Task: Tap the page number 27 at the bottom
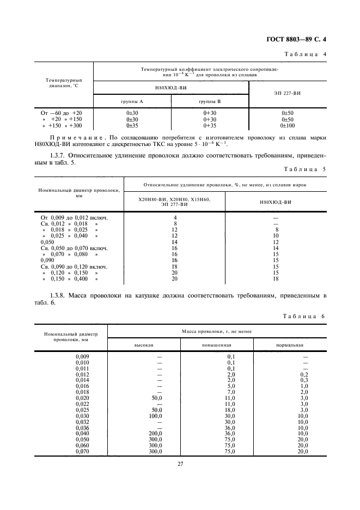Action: point(179,464)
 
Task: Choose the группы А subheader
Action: point(132,101)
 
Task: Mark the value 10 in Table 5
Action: point(276,236)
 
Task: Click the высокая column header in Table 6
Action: point(144,345)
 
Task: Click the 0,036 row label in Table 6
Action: point(82,428)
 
